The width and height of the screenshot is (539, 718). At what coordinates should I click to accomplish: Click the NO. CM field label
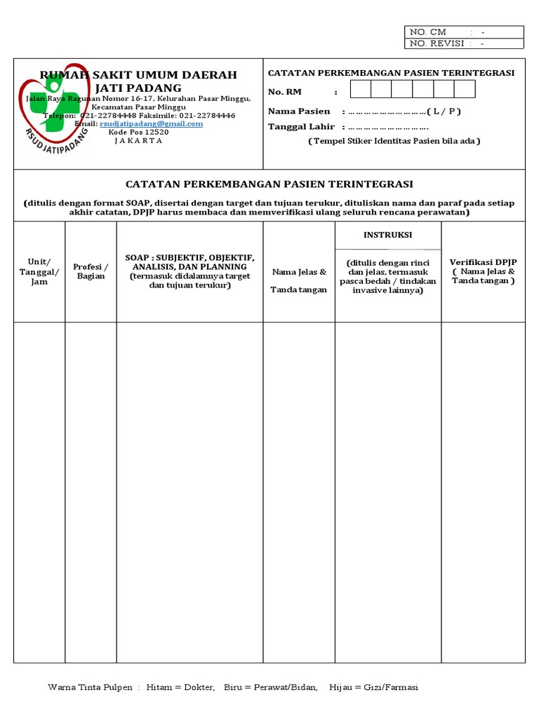[428, 32]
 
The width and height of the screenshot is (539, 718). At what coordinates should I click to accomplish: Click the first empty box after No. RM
[361, 89]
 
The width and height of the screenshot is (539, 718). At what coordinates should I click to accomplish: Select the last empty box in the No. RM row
[465, 89]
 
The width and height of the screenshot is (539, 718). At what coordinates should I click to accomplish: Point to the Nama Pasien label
[299, 111]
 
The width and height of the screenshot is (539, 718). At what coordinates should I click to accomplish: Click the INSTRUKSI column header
[387, 235]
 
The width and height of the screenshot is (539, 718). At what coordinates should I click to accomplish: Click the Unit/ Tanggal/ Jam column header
[39, 271]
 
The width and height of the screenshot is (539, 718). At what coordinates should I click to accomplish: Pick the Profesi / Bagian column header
[91, 271]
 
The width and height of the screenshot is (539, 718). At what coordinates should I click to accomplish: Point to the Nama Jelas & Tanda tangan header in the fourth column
[299, 280]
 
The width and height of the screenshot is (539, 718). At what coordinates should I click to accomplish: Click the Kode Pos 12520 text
[138, 132]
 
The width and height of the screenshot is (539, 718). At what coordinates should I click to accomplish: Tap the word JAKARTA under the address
[138, 140]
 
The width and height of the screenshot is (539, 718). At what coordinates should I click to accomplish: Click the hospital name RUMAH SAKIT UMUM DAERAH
[138, 75]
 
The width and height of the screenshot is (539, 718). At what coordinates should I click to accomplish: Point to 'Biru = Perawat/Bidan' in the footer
[271, 687]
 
